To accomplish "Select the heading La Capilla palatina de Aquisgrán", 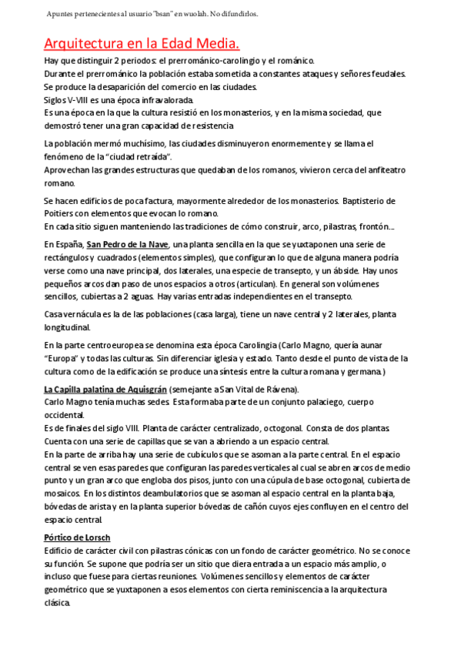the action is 105,389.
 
